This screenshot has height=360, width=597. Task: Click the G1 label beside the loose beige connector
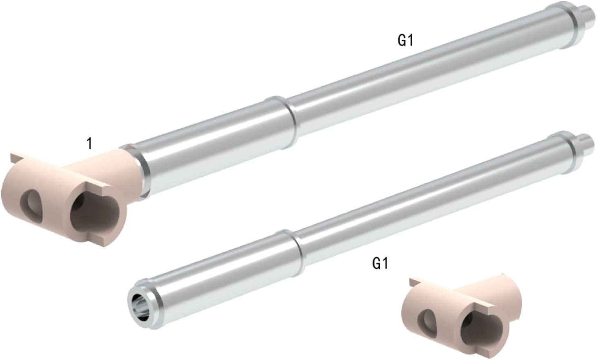(x=380, y=263)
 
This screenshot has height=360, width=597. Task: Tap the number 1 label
(x=90, y=144)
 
